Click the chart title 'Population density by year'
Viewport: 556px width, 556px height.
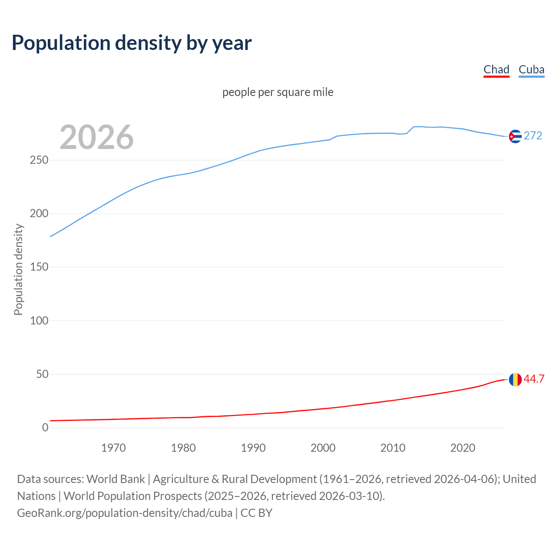tap(132, 43)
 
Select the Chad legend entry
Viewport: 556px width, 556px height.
tap(496, 69)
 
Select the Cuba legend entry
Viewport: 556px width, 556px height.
tap(531, 69)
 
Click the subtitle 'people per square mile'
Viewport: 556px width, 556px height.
tap(278, 92)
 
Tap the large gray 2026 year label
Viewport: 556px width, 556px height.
tap(96, 137)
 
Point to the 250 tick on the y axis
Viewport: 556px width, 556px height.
tap(39, 160)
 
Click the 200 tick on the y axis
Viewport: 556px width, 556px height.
tap(39, 214)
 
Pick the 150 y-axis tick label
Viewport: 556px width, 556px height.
tap(39, 267)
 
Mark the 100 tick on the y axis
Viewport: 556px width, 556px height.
tap(39, 321)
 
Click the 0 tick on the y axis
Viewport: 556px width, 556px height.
tap(45, 427)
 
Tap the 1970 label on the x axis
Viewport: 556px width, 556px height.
tap(113, 448)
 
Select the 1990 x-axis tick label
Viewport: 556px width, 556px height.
tap(253, 448)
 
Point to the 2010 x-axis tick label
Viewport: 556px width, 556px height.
tap(393, 448)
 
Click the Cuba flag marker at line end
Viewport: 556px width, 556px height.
tap(515, 136)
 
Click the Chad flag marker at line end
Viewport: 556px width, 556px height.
tap(515, 379)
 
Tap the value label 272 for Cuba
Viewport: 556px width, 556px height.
tap(533, 136)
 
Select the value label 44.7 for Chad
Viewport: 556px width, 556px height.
tap(534, 379)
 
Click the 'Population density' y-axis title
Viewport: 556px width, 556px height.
tap(18, 269)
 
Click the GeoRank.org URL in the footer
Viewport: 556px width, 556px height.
tap(125, 513)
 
